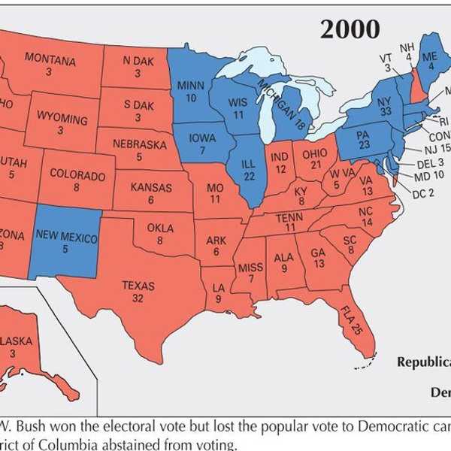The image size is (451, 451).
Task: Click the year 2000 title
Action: pos(350,28)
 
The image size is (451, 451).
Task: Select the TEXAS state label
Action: pos(138,286)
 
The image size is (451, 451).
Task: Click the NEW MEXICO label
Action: pos(67,238)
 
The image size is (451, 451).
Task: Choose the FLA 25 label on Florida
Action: pos(351,320)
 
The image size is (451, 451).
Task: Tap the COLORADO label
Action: pos(77,174)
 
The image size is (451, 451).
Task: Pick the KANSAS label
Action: pos(151,187)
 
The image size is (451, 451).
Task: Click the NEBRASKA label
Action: pos(139,143)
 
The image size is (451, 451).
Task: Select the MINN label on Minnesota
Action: pos(191,86)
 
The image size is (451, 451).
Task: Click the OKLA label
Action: pos(160,229)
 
